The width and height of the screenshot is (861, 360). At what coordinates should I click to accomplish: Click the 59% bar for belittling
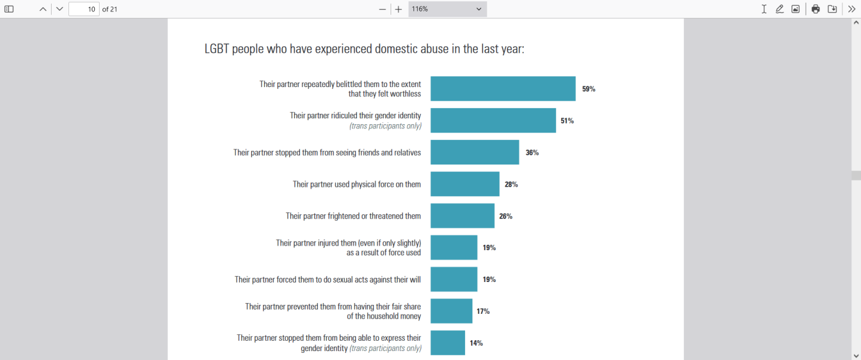pyautogui.click(x=503, y=89)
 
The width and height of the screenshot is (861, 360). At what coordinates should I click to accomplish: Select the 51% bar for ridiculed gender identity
pyautogui.click(x=493, y=121)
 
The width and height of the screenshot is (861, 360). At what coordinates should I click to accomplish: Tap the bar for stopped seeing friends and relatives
pyautogui.click(x=475, y=152)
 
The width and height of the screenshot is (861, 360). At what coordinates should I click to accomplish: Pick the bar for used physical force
pyautogui.click(x=465, y=184)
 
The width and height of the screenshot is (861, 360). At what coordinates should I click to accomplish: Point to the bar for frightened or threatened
pyautogui.click(x=463, y=216)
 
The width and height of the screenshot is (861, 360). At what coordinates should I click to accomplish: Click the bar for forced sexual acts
pyautogui.click(x=454, y=280)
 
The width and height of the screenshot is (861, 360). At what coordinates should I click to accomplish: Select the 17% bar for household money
pyautogui.click(x=451, y=311)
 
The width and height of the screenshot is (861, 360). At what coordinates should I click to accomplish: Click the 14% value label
pyautogui.click(x=476, y=343)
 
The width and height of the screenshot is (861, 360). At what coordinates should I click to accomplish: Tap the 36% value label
pyautogui.click(x=532, y=152)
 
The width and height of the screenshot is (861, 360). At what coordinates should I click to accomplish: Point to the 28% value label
pyautogui.click(x=511, y=184)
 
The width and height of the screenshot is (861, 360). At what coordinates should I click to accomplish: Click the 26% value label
pyautogui.click(x=506, y=216)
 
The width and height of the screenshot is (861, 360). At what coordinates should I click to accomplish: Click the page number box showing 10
pyautogui.click(x=84, y=9)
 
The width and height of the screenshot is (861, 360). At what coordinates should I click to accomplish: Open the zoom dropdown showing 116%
pyautogui.click(x=447, y=9)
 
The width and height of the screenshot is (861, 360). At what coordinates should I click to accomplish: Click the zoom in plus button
pyautogui.click(x=398, y=9)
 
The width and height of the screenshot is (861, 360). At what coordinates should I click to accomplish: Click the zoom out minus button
pyautogui.click(x=382, y=9)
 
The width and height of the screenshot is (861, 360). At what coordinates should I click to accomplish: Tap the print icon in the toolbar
pyautogui.click(x=815, y=9)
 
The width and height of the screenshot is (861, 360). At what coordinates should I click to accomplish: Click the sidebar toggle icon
pyautogui.click(x=9, y=9)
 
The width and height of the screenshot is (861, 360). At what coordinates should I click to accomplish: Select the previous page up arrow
pyautogui.click(x=43, y=9)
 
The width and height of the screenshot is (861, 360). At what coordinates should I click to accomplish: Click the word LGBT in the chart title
pyautogui.click(x=217, y=49)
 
